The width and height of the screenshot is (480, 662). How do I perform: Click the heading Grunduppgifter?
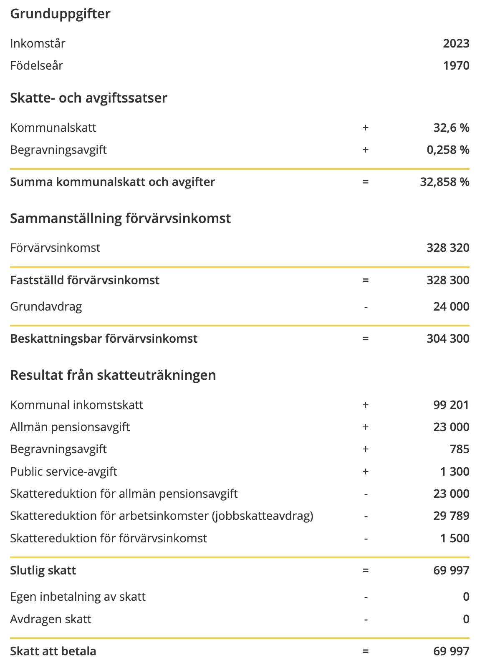pos(60,14)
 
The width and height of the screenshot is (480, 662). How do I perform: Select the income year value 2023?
pos(456,43)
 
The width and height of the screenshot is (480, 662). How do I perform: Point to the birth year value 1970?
pos(456,65)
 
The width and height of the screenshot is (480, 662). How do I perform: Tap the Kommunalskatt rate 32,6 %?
pos(451,128)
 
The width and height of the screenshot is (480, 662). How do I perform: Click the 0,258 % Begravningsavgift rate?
pos(448,150)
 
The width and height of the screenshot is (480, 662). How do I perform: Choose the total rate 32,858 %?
pos(445,182)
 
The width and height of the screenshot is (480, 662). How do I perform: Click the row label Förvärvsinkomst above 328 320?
pos(55,248)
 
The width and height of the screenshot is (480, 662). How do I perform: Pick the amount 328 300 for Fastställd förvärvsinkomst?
pos(448,280)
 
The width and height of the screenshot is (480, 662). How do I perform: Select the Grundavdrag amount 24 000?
pos(451,306)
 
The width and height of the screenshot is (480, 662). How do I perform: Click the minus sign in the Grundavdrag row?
pos(366,307)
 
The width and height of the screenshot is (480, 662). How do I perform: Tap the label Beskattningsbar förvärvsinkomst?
pos(104,339)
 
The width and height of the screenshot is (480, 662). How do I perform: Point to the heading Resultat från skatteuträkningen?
pos(113,375)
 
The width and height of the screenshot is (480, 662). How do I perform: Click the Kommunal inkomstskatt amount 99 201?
pos(451,405)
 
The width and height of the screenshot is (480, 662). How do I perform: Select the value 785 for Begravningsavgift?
pos(460,449)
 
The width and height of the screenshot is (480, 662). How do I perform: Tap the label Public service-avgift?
pos(63,471)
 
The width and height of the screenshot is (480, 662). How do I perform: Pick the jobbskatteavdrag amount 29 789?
pos(451,516)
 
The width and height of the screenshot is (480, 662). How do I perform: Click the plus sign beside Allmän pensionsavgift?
pos(366,427)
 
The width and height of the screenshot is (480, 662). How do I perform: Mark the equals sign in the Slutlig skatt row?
pos(366,570)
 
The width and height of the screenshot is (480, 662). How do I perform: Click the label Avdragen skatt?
pos(51,619)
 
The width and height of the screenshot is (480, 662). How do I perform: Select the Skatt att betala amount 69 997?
pos(451,651)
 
